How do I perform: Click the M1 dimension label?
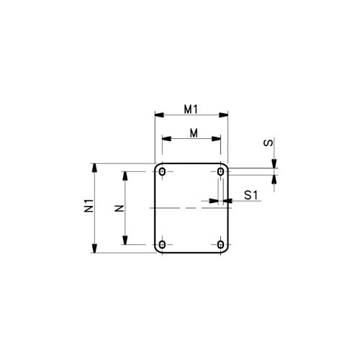point(191,109)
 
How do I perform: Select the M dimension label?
point(194,133)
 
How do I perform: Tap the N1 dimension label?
point(89,205)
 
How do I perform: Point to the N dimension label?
point(119,208)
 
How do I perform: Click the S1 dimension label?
point(251,195)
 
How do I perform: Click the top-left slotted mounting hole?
point(163,172)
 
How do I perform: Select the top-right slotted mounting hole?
point(220,172)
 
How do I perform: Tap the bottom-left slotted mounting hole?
point(163,245)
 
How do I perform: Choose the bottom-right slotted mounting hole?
point(220,245)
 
